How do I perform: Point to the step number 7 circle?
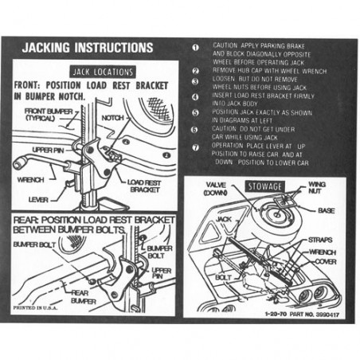click(x=196, y=148)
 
